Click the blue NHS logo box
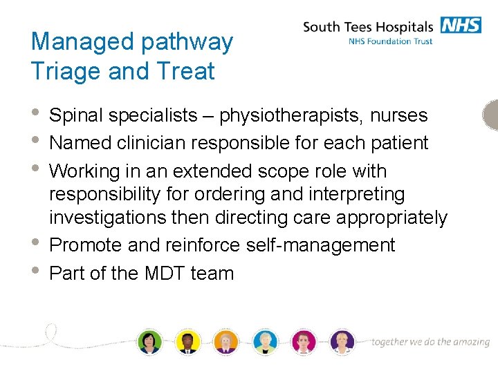460,26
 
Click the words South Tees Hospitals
367,28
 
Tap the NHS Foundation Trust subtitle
391,41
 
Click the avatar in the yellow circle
187,342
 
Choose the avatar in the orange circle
226,342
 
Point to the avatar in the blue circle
264,342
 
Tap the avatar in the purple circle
342,342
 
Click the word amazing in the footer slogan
470,342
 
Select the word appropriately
392,218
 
